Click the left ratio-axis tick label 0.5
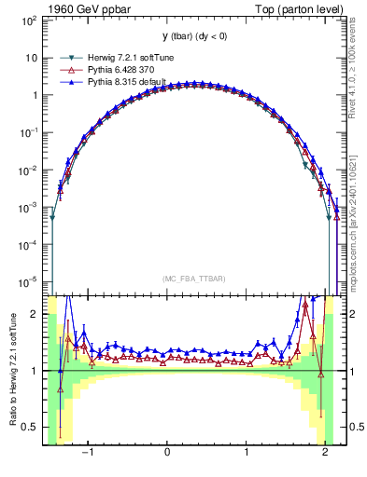tap(31, 428)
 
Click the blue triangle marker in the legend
tap(67, 83)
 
